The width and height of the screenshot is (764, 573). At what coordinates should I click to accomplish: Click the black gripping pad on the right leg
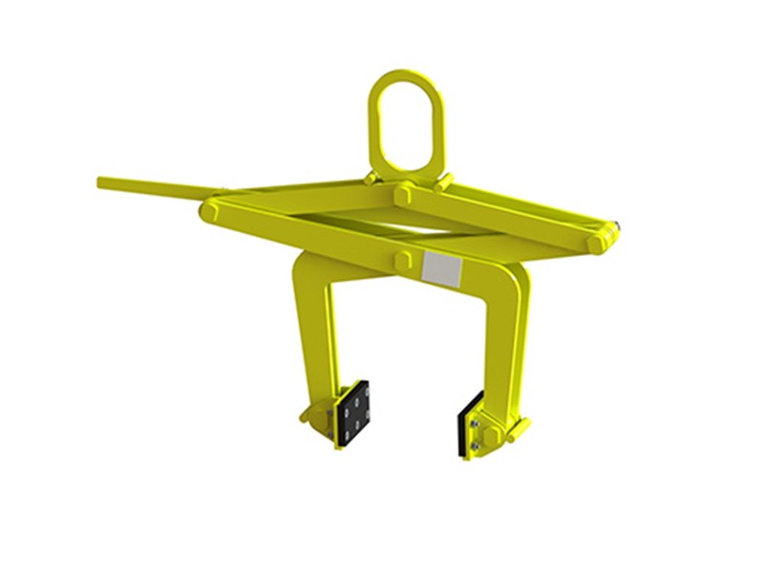[469, 424]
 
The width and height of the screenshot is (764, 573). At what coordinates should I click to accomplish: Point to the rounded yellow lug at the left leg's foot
[311, 416]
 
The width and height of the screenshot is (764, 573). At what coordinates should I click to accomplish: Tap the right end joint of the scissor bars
[601, 239]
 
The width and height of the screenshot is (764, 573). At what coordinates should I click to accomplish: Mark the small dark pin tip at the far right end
[619, 227]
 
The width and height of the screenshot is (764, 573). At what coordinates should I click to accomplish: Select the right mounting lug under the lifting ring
[443, 180]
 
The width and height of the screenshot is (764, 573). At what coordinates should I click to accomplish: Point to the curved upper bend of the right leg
[516, 283]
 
